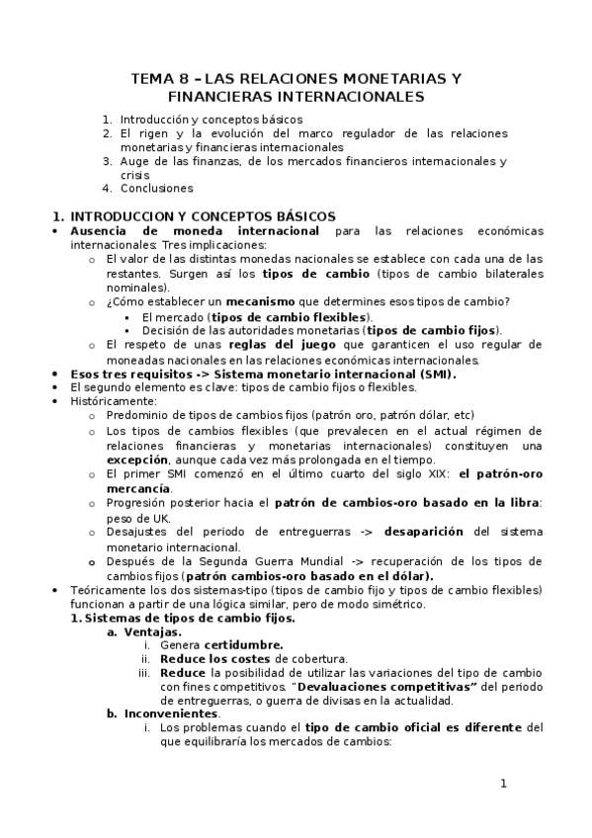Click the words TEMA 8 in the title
(160, 78)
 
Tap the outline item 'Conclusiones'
(157, 188)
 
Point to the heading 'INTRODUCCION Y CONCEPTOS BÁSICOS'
(203, 216)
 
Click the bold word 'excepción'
(137, 460)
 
